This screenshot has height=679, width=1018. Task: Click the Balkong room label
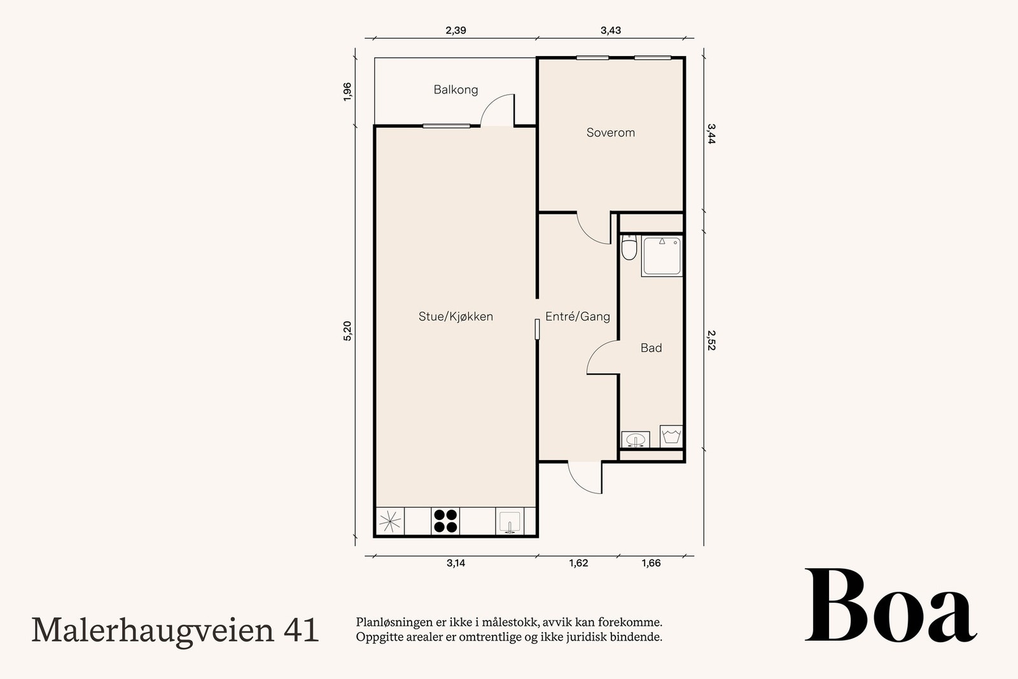456,90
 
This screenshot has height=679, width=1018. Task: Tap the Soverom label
610,132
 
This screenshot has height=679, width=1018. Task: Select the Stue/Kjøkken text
456,316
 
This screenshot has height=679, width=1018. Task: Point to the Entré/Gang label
577,316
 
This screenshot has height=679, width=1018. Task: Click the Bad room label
651,347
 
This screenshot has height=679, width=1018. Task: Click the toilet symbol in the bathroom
629,248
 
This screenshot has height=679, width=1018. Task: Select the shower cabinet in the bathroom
662,256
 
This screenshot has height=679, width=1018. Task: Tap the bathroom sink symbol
636,439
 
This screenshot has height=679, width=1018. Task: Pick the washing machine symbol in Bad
671,436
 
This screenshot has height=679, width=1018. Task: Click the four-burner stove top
445,521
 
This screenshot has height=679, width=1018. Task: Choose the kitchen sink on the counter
510,521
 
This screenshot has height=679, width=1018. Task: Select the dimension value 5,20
347,331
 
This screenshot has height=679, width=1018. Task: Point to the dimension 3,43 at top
610,31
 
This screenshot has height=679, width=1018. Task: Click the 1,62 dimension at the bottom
578,563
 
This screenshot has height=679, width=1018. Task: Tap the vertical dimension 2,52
711,340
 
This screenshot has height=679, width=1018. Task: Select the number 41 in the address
300,630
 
